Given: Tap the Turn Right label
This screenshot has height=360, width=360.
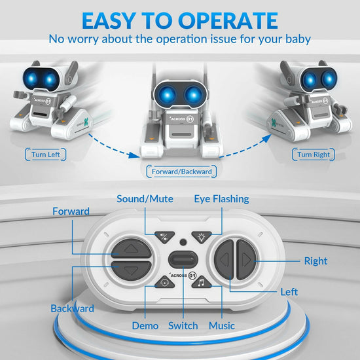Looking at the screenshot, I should coord(314,154).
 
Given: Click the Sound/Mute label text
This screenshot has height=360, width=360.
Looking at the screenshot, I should coord(144,198).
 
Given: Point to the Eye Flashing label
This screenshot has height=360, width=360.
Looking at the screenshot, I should coord(221,198).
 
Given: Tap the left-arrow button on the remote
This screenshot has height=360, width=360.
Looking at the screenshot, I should coord(225,261).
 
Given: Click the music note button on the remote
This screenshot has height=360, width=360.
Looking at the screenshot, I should coord(202,283).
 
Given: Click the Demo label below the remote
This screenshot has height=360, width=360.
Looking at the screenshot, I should coord(145,325).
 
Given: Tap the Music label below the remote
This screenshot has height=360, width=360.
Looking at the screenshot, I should coord(221,325).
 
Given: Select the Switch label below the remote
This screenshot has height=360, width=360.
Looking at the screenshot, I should coord(183,325).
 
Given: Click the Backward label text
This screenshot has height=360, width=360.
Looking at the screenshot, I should coord(72,308).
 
